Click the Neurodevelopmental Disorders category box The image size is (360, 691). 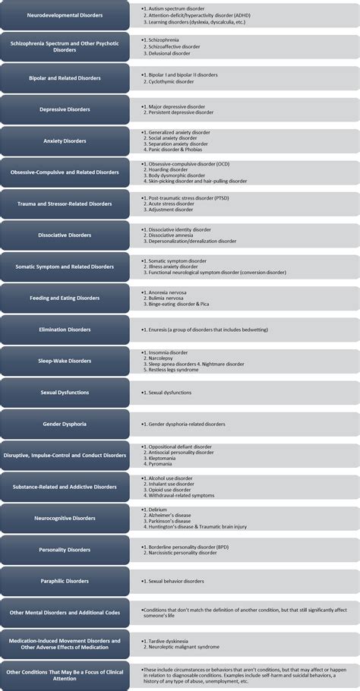[x=65, y=15]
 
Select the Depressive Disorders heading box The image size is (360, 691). [x=65, y=109]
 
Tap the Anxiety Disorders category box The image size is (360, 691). [x=65, y=140]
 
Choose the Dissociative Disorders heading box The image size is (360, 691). [x=65, y=235]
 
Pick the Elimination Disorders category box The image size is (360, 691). [x=65, y=330]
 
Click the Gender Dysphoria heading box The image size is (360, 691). [x=65, y=424]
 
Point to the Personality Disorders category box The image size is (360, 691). [x=65, y=550]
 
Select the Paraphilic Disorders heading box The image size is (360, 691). [x=65, y=581]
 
